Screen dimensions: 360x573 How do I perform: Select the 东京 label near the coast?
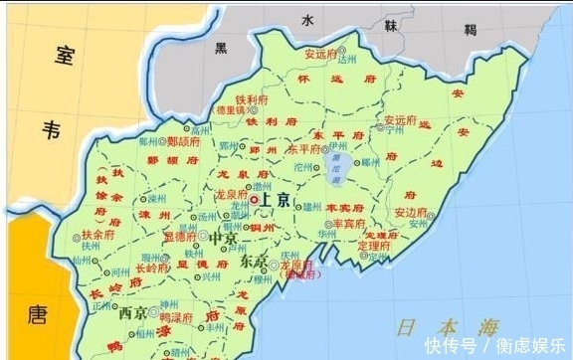point(254,262)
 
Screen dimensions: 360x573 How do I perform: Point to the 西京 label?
point(133,312)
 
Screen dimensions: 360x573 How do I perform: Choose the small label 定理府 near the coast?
point(374,244)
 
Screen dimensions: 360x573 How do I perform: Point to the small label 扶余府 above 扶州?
point(98,235)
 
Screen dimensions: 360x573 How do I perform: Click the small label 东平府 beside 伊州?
point(338,148)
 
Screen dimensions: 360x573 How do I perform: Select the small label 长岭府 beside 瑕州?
point(152,268)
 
